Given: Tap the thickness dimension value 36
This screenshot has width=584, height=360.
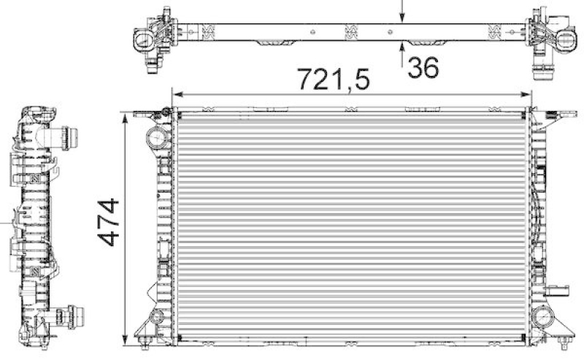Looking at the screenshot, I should tap(423, 67).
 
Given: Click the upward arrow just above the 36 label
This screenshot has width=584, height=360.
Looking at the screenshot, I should tap(402, 49).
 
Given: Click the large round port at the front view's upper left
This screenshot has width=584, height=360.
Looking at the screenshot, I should tap(157, 137).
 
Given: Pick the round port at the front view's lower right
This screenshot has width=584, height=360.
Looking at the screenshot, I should tap(543, 316).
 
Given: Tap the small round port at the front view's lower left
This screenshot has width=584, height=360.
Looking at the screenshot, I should tap(155, 316).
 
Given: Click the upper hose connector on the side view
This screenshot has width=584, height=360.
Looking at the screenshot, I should tap(70, 137).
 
